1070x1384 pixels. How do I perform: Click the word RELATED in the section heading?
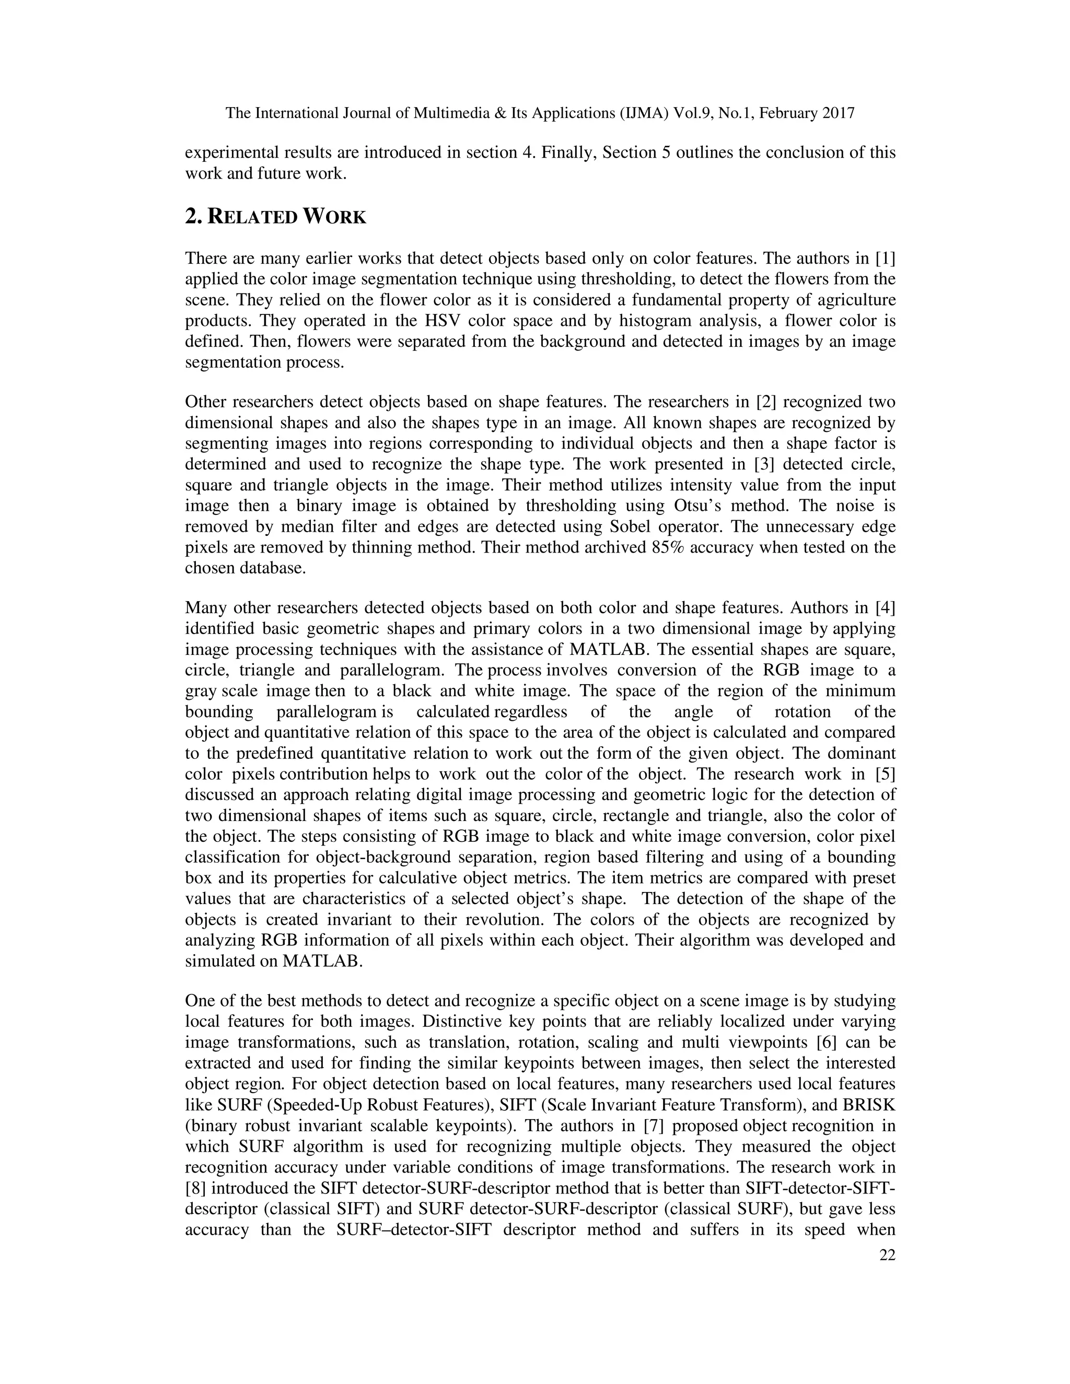[x=252, y=217]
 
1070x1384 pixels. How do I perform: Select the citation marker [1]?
[x=885, y=259]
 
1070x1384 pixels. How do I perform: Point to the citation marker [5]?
[x=885, y=775]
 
